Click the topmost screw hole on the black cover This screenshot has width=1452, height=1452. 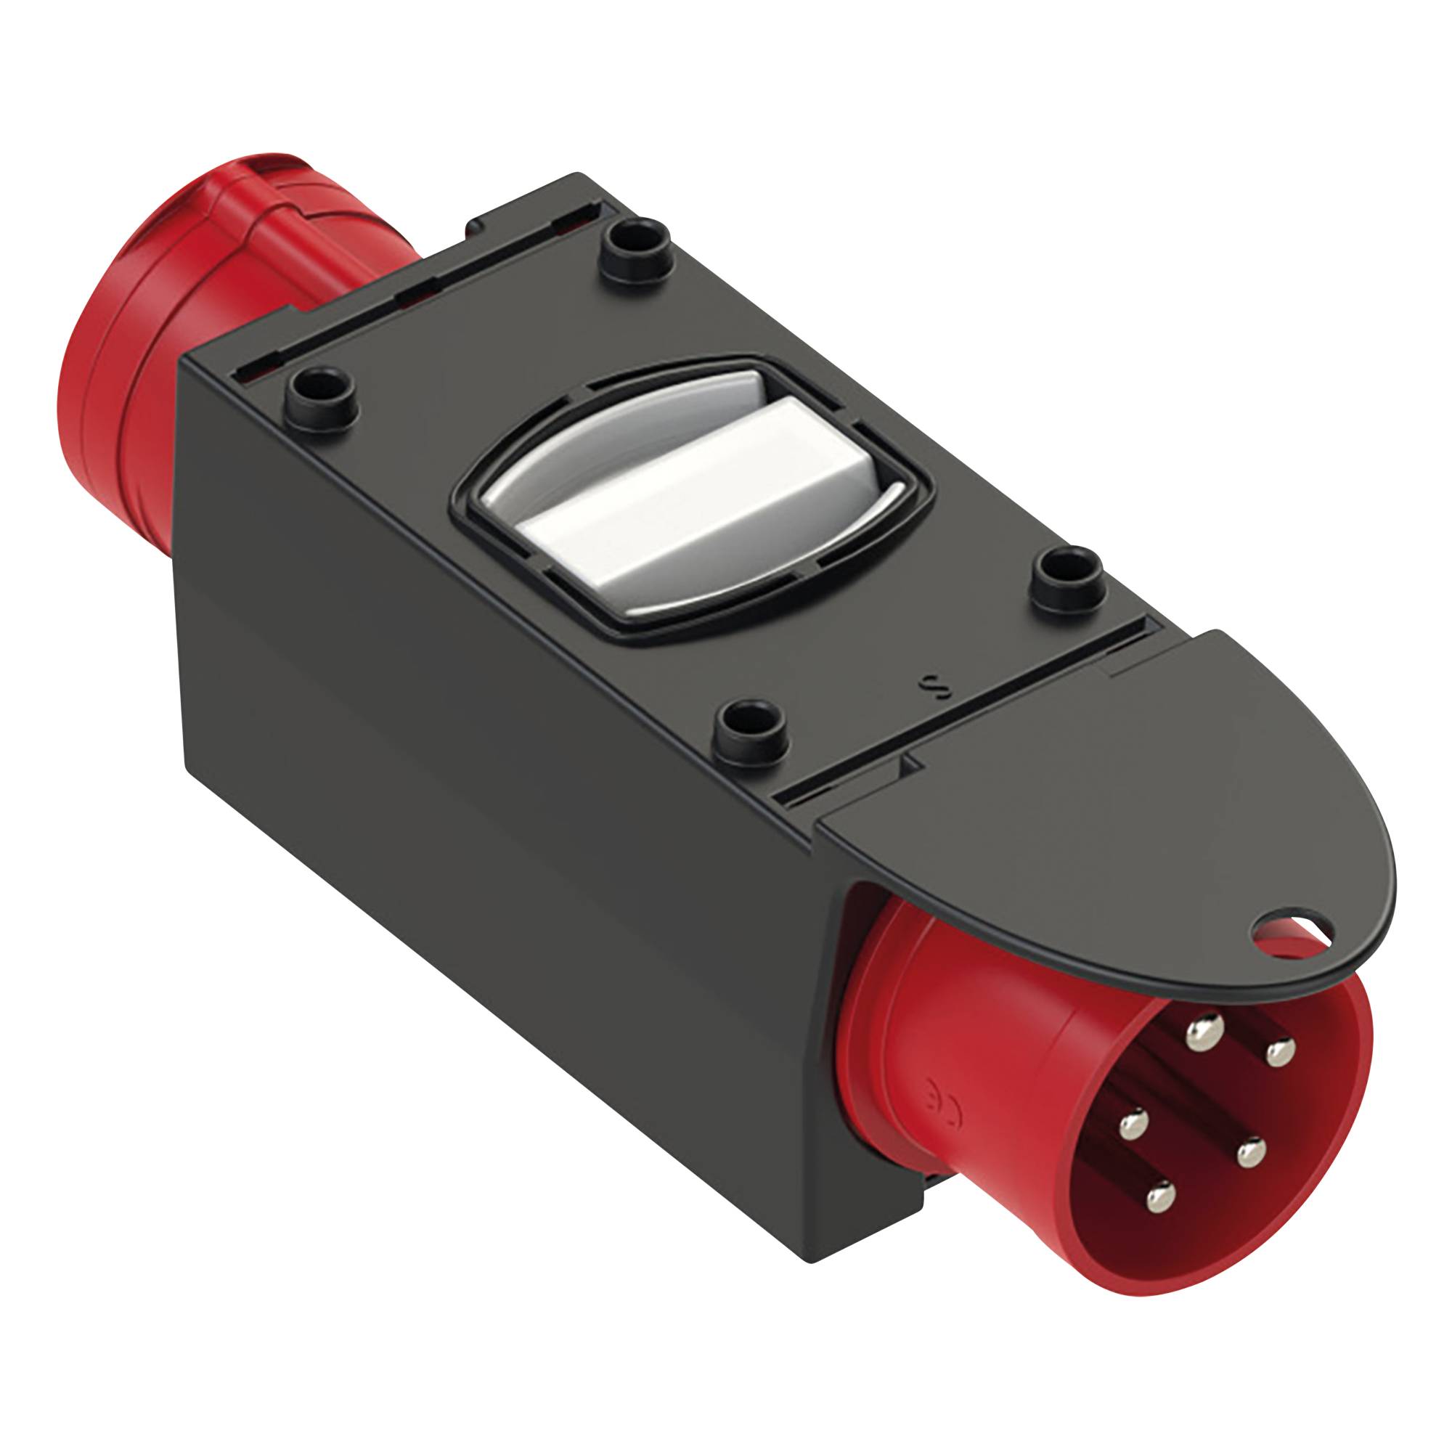click(x=632, y=242)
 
